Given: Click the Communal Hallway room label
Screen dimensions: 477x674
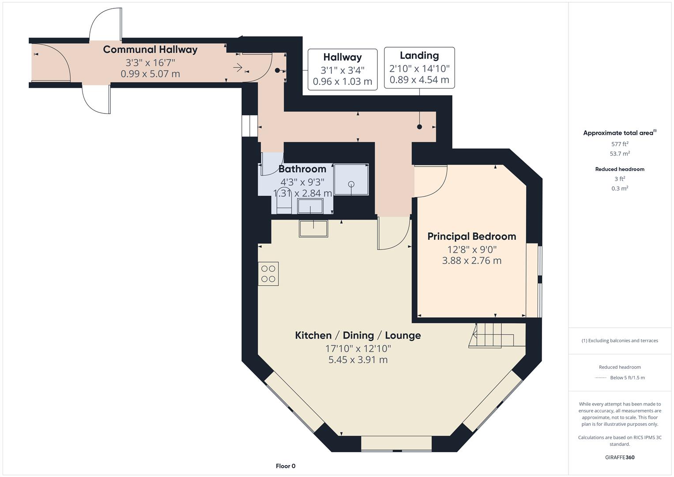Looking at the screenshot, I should click(x=150, y=49).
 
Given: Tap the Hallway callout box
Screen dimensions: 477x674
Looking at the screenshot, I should click(x=342, y=69).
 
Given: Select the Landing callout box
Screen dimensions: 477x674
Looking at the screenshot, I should click(x=419, y=68).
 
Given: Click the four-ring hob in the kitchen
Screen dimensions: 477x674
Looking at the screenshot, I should click(x=268, y=274).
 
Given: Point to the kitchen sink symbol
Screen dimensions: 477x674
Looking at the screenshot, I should click(x=313, y=228).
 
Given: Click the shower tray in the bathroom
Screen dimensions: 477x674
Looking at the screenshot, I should click(x=351, y=179).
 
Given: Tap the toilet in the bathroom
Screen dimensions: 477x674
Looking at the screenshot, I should click(x=284, y=203).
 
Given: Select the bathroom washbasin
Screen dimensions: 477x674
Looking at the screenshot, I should click(x=310, y=206).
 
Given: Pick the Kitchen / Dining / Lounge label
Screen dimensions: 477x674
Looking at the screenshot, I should click(x=358, y=335).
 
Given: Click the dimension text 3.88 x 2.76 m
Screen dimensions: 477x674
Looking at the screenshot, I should click(x=471, y=261).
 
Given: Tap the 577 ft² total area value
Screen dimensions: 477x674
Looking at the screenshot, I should click(x=620, y=144).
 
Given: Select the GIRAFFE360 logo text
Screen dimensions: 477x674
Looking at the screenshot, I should click(x=620, y=457).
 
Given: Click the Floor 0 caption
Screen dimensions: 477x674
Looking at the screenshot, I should click(x=286, y=466).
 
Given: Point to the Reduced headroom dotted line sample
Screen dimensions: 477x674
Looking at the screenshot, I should click(x=600, y=378).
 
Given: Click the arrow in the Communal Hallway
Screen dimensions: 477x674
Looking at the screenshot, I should click(x=237, y=68).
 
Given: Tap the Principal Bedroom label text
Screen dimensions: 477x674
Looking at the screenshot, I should click(x=471, y=236).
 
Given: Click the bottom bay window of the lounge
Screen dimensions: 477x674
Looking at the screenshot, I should click(x=396, y=443).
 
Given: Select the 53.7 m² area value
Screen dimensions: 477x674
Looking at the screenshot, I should click(x=620, y=154).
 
